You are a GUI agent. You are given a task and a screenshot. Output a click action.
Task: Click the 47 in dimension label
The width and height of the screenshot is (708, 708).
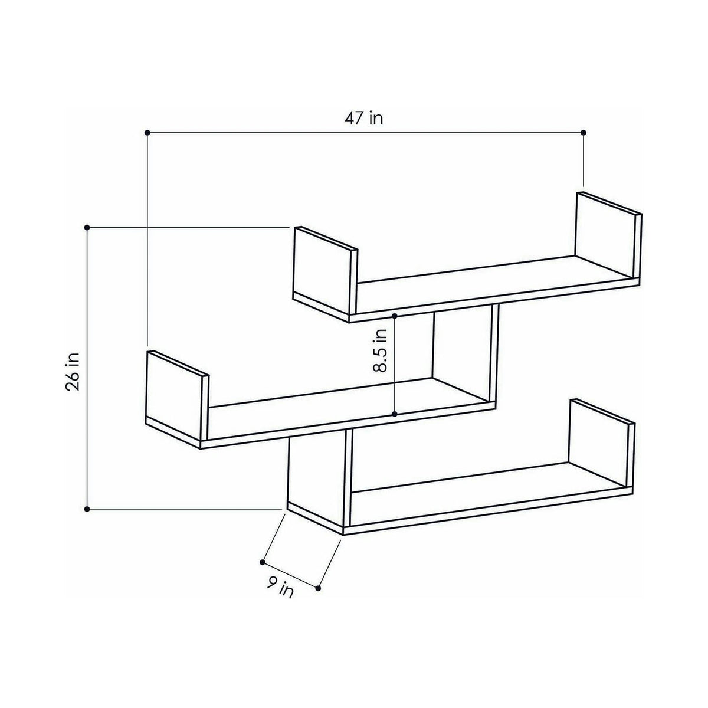364,119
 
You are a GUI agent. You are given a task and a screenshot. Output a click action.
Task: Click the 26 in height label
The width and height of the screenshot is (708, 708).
73,372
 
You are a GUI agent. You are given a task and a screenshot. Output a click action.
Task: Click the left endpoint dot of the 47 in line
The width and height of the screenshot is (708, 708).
147,132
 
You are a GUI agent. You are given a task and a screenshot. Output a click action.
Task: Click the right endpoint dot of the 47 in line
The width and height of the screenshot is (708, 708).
584,132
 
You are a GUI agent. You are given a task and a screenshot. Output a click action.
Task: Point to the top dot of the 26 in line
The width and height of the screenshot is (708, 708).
87,227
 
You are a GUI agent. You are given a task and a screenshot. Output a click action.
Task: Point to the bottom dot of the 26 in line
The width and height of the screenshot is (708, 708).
87,509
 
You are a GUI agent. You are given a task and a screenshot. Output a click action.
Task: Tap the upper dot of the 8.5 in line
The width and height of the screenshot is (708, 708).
395,316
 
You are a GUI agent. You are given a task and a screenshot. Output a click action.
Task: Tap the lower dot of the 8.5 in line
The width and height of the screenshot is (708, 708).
395,414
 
